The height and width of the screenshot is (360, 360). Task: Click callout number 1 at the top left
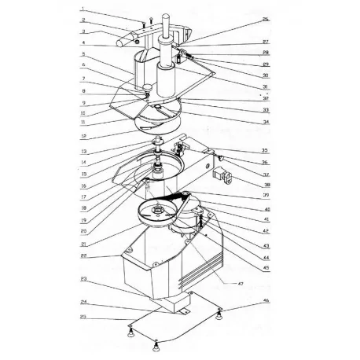pos(83,9)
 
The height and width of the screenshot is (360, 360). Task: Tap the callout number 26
pos(266,19)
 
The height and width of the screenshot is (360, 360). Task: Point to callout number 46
pos(266,301)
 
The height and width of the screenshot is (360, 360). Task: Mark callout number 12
pos(83,136)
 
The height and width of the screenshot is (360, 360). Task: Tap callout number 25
pos(83,317)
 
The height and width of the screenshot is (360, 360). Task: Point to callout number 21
pos(83,244)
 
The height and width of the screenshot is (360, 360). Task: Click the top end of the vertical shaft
pos(167,17)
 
